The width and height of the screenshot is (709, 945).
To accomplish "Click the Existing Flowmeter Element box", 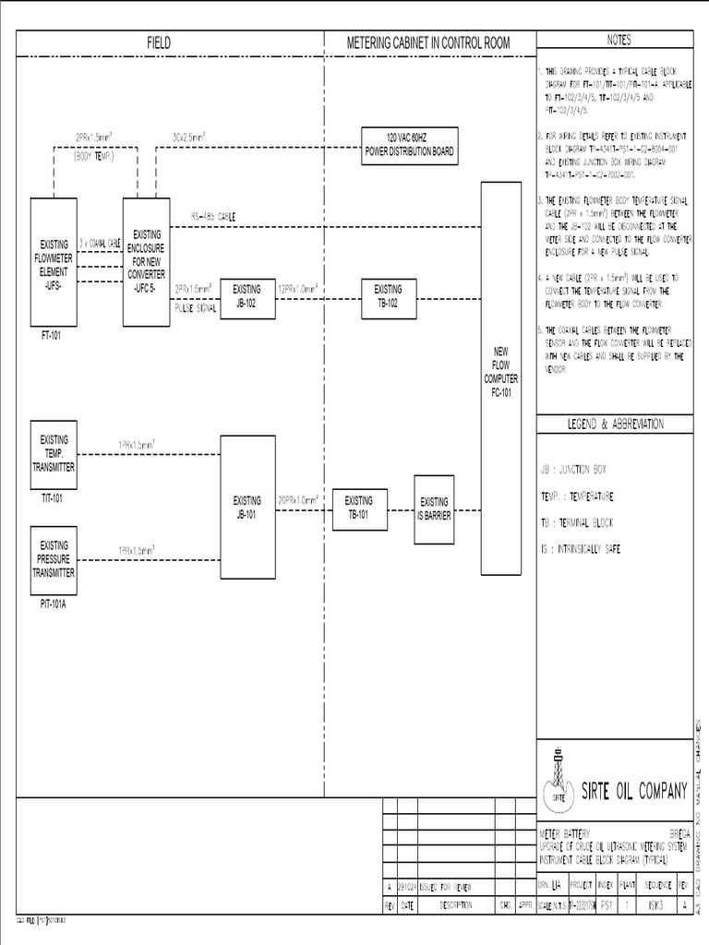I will [54, 262].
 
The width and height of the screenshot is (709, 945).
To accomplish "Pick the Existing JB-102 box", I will [247, 295].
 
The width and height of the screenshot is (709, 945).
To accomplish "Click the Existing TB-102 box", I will [389, 295].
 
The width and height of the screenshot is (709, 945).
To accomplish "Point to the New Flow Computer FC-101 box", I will [500, 378].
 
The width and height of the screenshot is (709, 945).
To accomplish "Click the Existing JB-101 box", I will [247, 508].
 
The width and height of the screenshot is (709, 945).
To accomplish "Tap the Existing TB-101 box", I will [359, 508].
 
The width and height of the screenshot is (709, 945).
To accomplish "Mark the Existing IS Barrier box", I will [435, 508].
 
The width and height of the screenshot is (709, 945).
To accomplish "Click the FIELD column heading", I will [159, 43].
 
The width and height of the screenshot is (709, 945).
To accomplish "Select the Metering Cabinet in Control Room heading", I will [427, 43].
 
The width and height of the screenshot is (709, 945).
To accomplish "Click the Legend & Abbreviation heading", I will [615, 424].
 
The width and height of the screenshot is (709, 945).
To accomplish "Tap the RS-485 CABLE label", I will [213, 216].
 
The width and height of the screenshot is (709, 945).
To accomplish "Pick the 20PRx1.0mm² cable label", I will [298, 497].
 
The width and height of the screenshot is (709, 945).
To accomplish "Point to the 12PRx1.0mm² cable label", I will [298, 289].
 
